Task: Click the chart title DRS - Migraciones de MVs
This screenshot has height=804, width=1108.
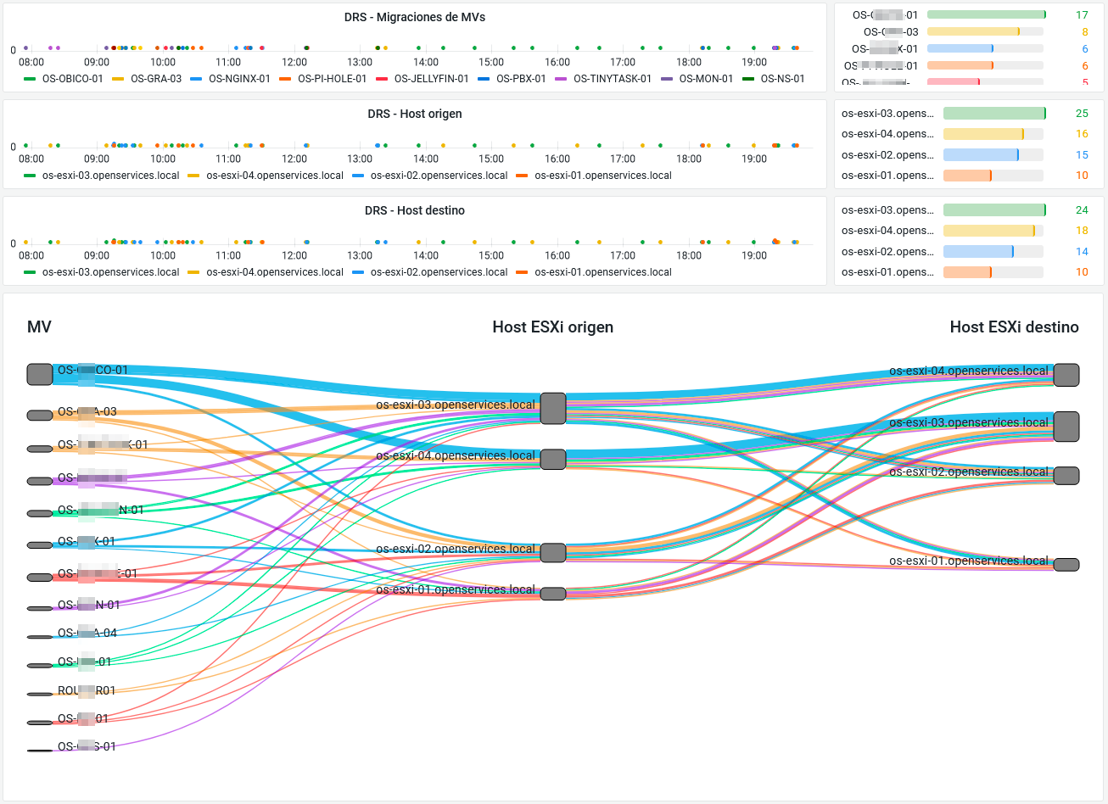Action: (415, 17)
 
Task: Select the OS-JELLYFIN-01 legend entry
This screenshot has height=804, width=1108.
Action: (431, 79)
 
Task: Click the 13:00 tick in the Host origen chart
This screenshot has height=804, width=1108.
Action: (360, 159)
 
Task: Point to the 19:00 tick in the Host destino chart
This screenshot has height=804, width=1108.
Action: (754, 255)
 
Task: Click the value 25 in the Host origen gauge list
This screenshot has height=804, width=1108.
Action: (1082, 114)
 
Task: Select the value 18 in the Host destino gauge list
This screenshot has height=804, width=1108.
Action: (1082, 231)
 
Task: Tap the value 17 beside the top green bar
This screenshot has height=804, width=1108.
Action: (1082, 15)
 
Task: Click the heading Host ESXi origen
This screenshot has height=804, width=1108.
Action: (552, 327)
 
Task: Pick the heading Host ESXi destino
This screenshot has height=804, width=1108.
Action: (1014, 327)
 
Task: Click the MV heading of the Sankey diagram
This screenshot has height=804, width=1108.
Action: (39, 327)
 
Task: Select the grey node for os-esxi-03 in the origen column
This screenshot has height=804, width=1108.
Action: (553, 408)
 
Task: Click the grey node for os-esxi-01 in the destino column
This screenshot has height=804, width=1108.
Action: (1066, 565)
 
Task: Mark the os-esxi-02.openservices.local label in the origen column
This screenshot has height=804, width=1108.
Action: (455, 549)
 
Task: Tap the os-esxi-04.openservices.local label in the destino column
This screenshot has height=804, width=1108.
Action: (968, 371)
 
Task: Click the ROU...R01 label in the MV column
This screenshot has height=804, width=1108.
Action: (86, 690)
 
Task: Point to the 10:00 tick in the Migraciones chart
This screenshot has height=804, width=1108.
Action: (163, 62)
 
